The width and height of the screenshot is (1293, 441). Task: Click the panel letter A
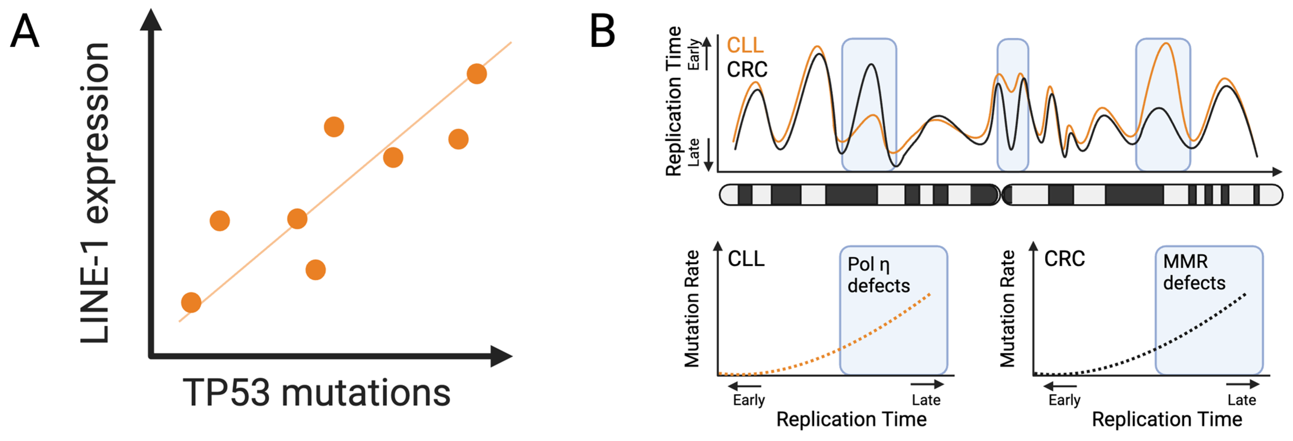24,31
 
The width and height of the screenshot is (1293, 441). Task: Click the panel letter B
602,31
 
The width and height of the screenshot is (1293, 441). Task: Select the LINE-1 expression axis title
95,193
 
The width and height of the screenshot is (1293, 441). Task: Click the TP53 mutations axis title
316,393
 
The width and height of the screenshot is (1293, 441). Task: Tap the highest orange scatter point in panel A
476,74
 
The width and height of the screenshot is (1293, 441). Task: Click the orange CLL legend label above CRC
745,45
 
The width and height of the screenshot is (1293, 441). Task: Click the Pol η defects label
878,275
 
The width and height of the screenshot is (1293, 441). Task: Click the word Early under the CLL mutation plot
748,400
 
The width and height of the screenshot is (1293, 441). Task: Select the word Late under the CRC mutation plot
1241,400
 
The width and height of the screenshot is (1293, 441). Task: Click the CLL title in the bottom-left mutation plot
746,259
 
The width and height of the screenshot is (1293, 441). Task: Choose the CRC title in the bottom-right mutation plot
1064,259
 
